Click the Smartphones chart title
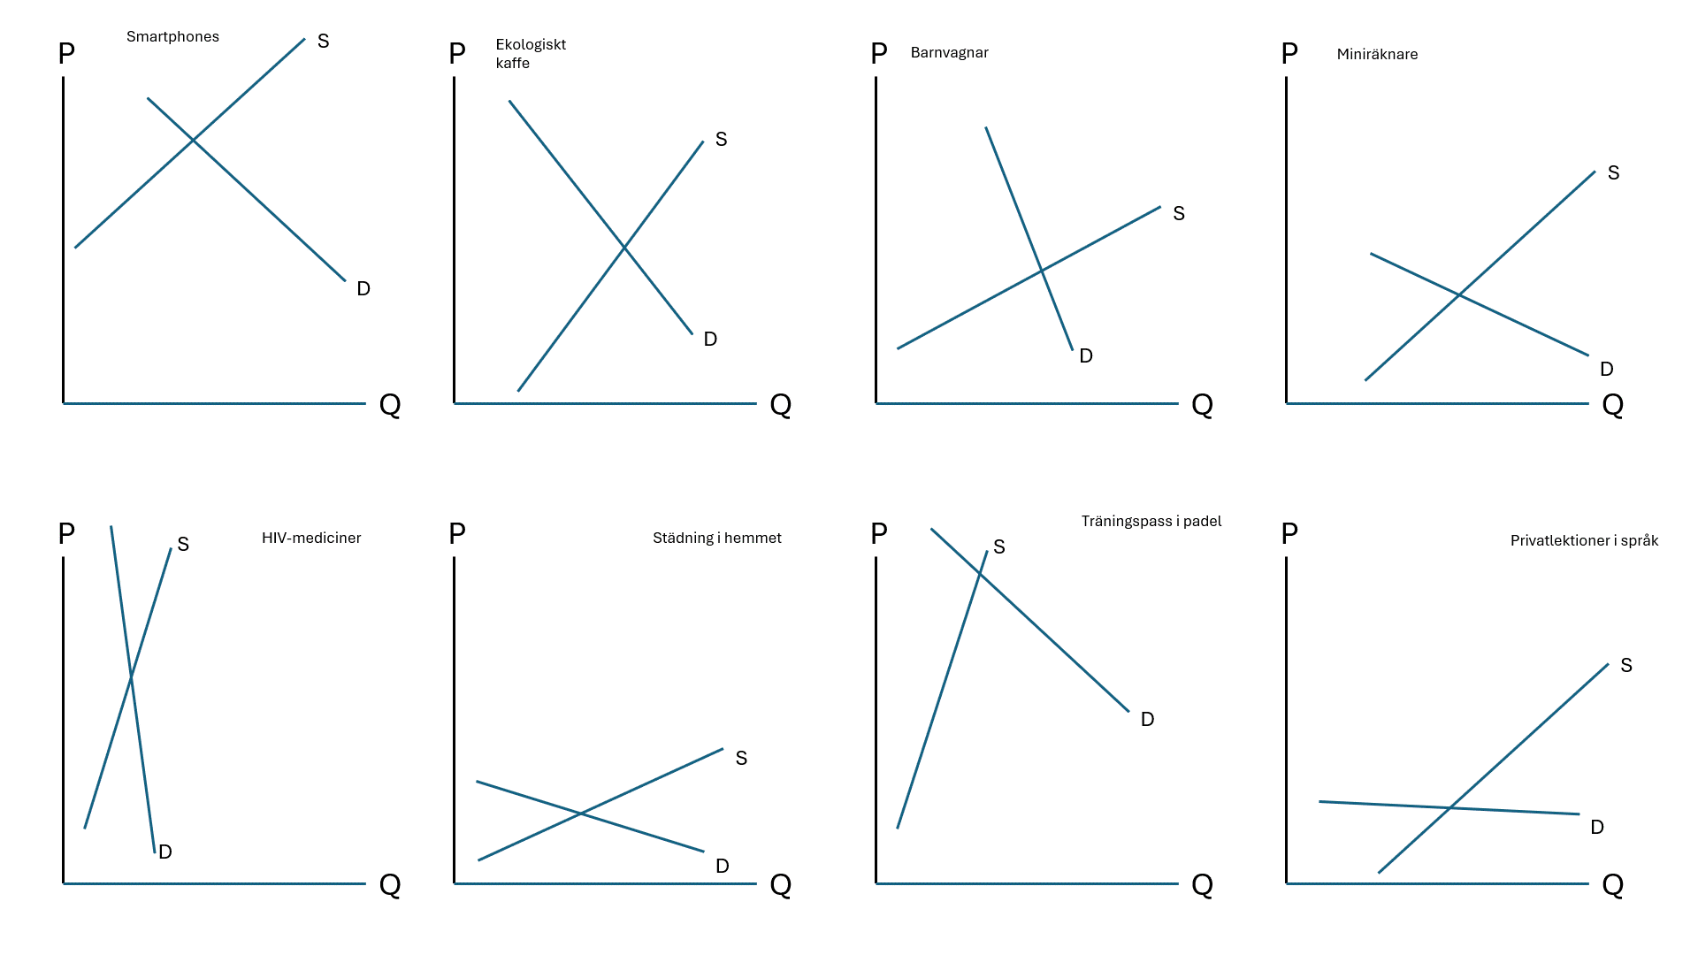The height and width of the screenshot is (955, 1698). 172,36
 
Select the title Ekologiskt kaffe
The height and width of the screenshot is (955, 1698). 530,53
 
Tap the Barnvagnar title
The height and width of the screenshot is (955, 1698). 949,52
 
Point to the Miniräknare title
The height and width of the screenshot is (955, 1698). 1377,54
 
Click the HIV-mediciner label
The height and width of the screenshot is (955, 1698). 311,538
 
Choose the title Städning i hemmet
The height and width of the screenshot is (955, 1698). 716,538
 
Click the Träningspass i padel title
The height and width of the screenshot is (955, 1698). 1151,521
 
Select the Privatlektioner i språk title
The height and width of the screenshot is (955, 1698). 1584,540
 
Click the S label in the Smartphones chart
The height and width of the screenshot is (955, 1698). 323,42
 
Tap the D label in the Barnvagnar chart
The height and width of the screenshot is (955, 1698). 1086,356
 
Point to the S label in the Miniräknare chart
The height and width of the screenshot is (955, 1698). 1613,173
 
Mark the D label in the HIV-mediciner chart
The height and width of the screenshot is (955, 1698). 165,852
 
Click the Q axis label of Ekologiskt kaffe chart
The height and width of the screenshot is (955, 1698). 780,405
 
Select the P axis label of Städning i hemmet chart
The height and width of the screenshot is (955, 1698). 457,533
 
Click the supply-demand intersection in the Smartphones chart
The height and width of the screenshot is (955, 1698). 193,141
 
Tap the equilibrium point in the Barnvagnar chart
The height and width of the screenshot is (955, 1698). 1042,270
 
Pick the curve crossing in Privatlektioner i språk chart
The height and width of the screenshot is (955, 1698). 1450,807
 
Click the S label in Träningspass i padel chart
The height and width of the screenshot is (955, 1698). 999,547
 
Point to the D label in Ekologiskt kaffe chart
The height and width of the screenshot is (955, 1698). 710,340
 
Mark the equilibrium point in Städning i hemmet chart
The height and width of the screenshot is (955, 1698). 580,814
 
